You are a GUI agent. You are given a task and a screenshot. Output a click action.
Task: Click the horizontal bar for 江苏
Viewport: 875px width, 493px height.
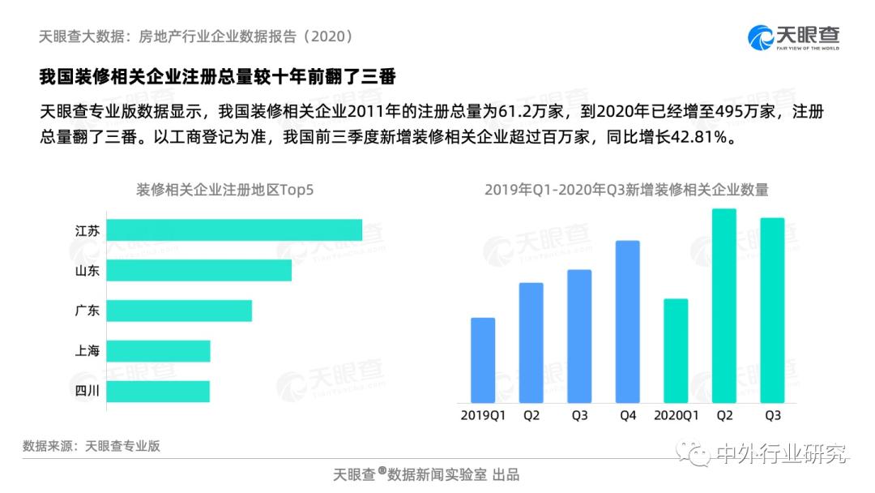[x=234, y=230]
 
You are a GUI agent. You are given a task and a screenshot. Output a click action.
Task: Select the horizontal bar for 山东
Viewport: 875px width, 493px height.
[x=198, y=271]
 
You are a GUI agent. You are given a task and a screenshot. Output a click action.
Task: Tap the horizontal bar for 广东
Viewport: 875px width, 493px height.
[x=179, y=311]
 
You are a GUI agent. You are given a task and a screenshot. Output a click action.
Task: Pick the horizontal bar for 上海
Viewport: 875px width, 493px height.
[x=158, y=351]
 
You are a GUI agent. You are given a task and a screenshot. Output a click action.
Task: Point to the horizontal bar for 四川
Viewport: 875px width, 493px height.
[x=158, y=392]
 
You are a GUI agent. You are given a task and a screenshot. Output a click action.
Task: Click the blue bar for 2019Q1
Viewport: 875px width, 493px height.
[x=483, y=360]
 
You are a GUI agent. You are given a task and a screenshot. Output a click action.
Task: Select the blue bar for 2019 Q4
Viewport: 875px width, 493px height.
[x=627, y=321]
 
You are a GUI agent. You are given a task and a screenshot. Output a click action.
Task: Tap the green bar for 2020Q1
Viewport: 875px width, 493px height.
[x=676, y=350]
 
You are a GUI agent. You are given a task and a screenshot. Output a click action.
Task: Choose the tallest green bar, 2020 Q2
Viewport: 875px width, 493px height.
[x=724, y=306]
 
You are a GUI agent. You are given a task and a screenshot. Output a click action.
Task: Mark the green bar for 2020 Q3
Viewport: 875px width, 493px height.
[x=772, y=310]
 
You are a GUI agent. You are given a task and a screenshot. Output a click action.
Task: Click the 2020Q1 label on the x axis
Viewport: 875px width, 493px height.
[x=676, y=416]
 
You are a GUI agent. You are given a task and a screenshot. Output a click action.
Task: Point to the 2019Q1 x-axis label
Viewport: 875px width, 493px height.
[x=483, y=416]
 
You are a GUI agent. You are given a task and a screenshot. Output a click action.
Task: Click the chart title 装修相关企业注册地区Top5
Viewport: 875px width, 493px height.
[x=224, y=190]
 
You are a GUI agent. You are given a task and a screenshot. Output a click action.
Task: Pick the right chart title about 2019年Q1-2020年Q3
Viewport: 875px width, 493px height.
[x=626, y=190]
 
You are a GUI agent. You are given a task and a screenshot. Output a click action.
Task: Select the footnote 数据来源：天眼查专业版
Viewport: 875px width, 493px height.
[x=92, y=446]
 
